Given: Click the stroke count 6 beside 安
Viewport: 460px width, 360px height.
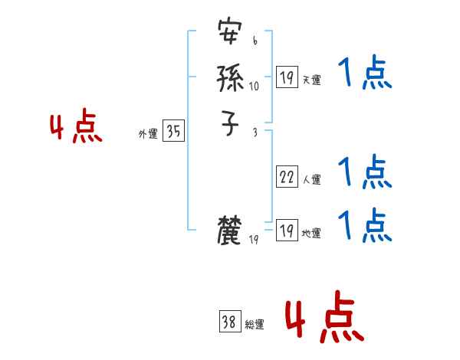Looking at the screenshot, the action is tap(255, 41).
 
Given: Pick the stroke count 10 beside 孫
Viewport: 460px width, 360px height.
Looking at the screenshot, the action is tap(255, 86).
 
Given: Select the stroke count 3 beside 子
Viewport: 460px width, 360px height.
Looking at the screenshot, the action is tap(255, 133).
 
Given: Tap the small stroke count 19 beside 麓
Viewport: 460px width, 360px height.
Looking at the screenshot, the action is tap(255, 240).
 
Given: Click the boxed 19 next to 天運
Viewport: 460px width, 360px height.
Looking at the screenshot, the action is tap(287, 77).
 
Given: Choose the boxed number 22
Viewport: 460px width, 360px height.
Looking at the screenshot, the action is tap(287, 178).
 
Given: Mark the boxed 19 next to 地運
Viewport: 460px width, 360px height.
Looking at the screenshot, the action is tap(287, 231).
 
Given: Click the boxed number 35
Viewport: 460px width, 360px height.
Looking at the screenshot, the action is tap(173, 132).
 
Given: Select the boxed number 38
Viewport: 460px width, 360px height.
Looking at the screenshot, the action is tap(230, 322).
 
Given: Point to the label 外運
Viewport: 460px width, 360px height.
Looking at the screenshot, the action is tap(147, 134).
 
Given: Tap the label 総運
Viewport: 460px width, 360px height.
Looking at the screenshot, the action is tap(255, 325).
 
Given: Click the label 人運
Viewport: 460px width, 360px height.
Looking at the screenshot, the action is tap(312, 180).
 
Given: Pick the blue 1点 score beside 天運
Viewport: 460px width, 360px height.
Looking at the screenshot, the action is tap(364, 75).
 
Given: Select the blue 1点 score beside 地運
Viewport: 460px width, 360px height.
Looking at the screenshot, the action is tap(364, 224).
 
